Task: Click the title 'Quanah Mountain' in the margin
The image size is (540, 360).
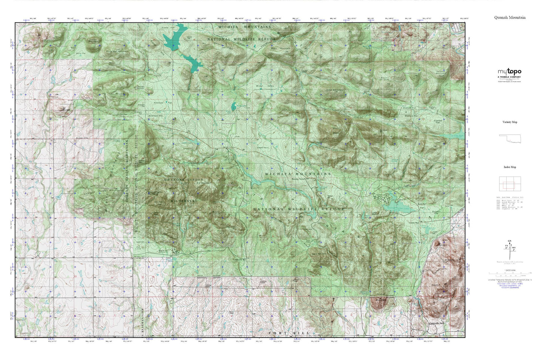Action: tap(510, 18)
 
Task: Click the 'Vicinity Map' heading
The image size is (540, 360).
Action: tap(510, 122)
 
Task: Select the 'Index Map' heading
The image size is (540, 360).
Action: tap(510, 167)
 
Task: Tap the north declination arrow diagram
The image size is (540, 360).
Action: tap(509, 248)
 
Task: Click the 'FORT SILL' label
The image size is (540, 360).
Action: tap(289, 333)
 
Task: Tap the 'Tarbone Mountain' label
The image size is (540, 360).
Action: tap(441, 73)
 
